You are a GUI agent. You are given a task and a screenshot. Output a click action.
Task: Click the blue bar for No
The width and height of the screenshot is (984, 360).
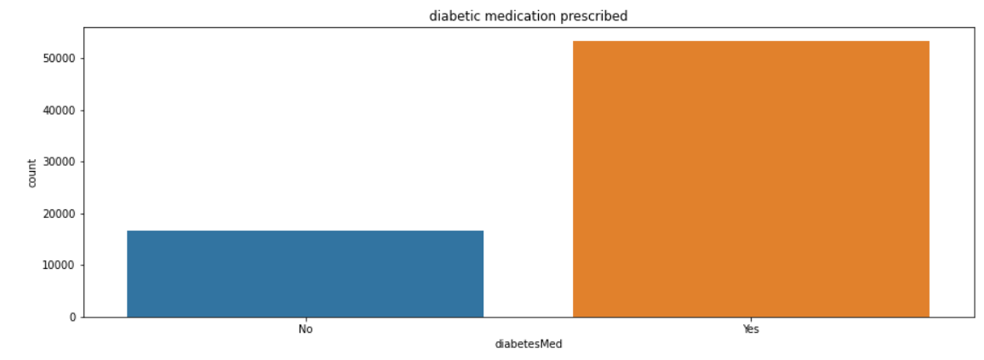[305, 274]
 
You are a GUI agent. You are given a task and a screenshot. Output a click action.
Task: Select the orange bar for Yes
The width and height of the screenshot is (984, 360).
[751, 180]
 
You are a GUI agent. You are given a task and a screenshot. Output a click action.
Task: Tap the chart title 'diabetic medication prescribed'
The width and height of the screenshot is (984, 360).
[529, 16]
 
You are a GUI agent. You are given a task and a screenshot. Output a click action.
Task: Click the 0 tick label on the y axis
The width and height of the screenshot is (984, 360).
[72, 317]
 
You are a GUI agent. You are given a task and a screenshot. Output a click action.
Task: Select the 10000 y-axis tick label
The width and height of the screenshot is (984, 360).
[60, 266]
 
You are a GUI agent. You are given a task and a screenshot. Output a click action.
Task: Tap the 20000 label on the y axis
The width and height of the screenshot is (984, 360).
[60, 214]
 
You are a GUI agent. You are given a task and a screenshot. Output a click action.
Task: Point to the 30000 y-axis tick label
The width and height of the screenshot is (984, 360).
[60, 162]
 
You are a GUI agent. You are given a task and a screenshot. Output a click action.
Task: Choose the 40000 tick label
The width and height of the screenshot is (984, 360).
[60, 111]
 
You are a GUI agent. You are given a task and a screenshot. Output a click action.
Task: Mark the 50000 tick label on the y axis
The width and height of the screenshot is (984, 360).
[60, 59]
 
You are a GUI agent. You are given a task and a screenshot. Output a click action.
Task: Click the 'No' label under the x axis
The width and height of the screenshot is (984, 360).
[306, 329]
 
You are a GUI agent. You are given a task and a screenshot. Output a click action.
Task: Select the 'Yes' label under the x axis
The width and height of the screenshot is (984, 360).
[751, 329]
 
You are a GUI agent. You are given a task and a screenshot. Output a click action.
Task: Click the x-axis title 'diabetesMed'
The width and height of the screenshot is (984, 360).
[529, 344]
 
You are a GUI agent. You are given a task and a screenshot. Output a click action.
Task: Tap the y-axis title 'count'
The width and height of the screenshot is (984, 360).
[32, 173]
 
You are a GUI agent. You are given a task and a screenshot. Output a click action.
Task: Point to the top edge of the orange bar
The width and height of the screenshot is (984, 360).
[751, 42]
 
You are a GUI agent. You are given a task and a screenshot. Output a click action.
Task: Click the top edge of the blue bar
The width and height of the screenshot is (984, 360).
[305, 231]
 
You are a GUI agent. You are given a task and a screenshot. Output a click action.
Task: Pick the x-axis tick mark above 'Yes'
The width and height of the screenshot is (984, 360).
[751, 319]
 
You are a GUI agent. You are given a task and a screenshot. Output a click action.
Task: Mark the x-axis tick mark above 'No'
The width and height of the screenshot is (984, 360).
[306, 319]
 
